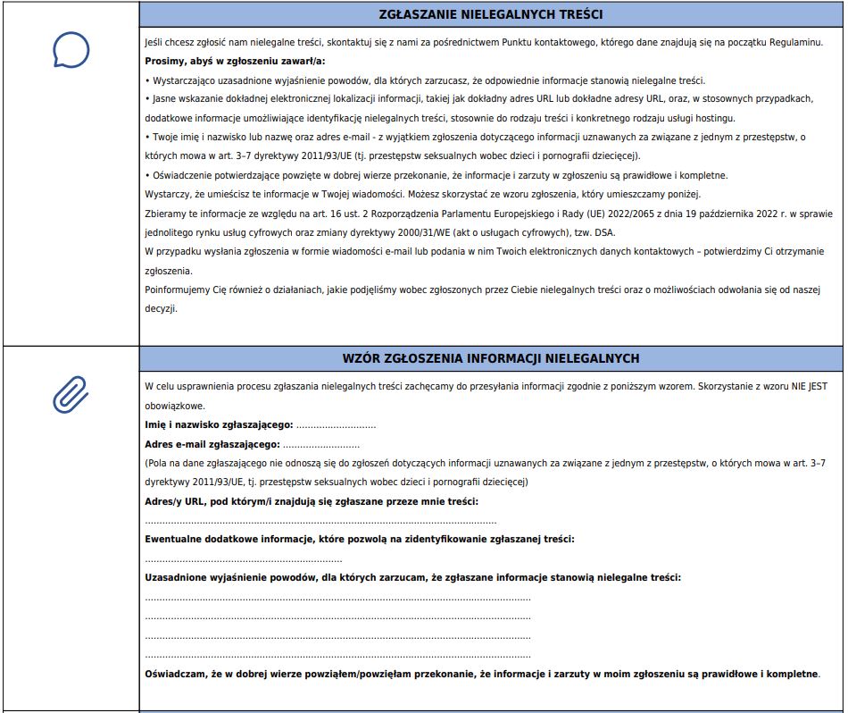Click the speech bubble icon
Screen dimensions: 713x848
pos(71,50)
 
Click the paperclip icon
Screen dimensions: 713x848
pos(71,393)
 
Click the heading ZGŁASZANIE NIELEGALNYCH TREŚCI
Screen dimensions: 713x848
pos(490,15)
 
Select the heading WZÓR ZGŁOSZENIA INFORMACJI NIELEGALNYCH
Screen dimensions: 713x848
pos(490,358)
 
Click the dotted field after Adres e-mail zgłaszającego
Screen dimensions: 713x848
pos(321,444)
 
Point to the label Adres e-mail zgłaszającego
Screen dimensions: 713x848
pos(212,444)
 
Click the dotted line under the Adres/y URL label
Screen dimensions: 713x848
pos(320,521)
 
